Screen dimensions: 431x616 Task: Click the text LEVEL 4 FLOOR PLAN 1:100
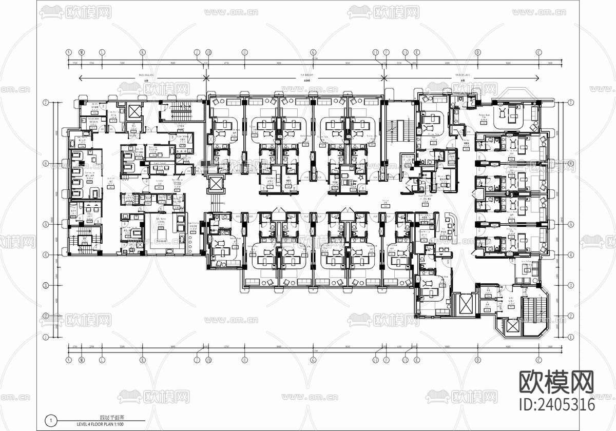(100, 424)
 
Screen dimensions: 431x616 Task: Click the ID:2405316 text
(557, 404)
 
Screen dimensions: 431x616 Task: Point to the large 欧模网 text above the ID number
(557, 382)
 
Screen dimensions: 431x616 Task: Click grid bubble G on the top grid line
(313, 52)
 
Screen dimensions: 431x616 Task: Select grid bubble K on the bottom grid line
(143, 360)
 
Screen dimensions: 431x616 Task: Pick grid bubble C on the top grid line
(539, 52)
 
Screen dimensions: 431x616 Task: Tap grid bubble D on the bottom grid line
(477, 360)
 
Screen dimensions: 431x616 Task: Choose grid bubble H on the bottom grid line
(244, 360)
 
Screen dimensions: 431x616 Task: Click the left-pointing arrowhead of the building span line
(81, 78)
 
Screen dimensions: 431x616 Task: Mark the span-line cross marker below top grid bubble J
(206, 78)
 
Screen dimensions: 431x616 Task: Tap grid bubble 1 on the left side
(46, 337)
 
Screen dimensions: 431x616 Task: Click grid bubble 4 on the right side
(571, 255)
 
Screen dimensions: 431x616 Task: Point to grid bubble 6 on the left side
(46, 164)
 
